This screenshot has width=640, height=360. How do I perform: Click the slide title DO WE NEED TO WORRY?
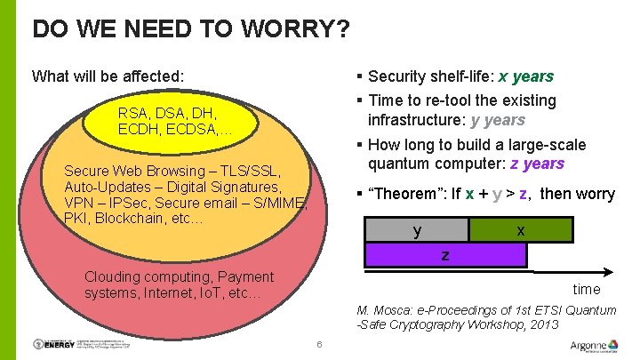pyautogui.click(x=190, y=29)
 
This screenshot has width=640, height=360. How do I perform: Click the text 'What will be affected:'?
pyautogui.click(x=108, y=76)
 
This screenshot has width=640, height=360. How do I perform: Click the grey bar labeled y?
pyautogui.click(x=417, y=230)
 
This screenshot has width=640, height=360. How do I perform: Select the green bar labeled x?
pyautogui.click(x=520, y=230)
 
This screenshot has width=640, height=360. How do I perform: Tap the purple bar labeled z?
pyautogui.click(x=445, y=255)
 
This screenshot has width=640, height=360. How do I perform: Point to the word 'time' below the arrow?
pyautogui.click(x=587, y=289)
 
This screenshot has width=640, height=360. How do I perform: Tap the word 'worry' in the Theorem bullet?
pyautogui.click(x=595, y=194)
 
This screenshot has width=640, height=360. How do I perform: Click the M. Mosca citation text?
pyautogui.click(x=485, y=317)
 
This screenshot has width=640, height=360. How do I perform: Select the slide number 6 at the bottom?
pyautogui.click(x=318, y=345)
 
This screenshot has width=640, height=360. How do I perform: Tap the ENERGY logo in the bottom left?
pyautogui.click(x=57, y=344)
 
